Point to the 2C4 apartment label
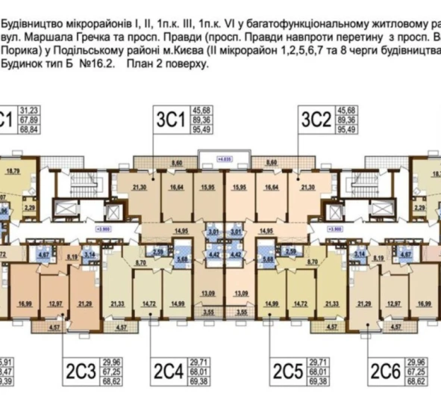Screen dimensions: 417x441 [169, 369]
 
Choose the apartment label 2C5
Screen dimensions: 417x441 [290, 369]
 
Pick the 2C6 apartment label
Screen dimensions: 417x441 [385, 369]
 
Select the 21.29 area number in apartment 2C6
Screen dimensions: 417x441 [366, 303]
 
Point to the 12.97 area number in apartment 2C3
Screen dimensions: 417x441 [53, 303]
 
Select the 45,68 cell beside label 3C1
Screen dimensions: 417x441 [202, 110]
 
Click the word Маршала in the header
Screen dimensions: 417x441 [48, 34]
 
